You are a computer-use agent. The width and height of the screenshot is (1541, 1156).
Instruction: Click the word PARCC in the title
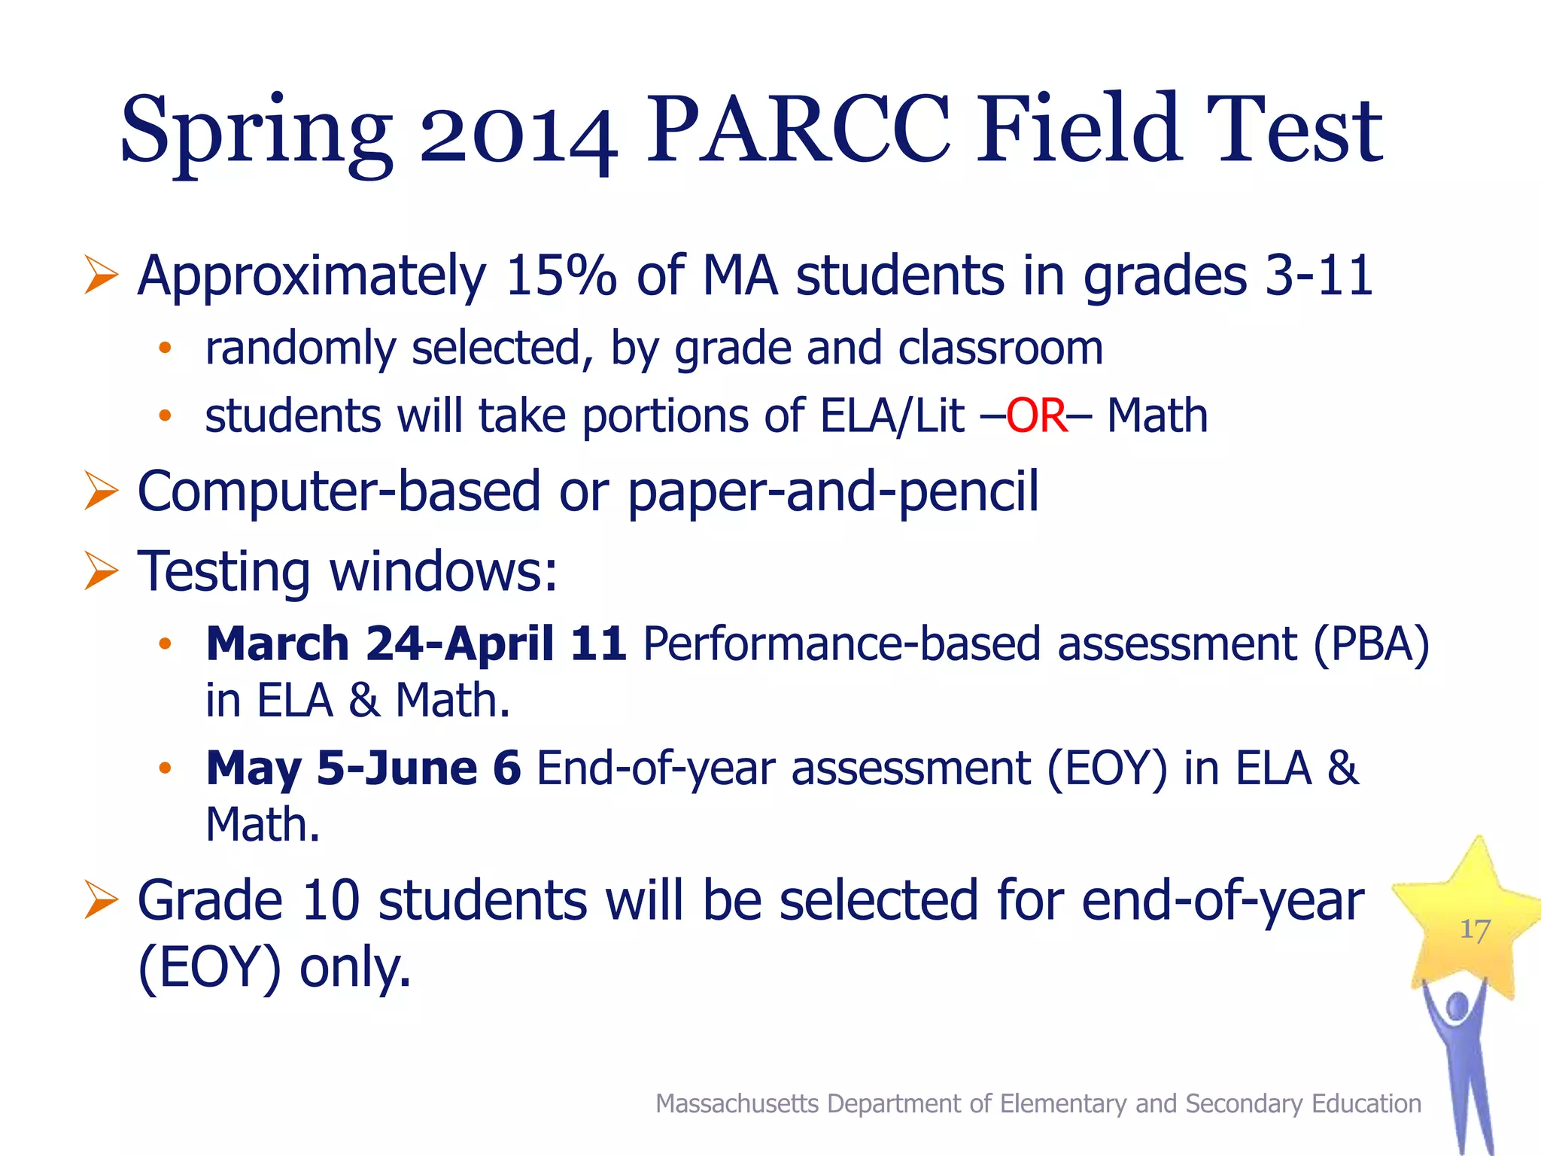(x=798, y=129)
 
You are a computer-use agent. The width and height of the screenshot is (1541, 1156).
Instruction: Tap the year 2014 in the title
(x=518, y=135)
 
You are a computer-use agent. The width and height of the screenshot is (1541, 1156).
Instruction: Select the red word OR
(x=1036, y=415)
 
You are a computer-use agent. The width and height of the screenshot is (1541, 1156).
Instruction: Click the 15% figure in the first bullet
(x=561, y=275)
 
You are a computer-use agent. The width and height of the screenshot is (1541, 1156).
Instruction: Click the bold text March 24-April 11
(x=416, y=644)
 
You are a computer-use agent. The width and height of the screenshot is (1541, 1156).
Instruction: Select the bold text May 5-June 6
(x=363, y=768)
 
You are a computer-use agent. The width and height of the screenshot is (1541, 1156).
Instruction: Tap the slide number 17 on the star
(x=1475, y=929)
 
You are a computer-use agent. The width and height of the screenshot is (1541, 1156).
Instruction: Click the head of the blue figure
(x=1457, y=1005)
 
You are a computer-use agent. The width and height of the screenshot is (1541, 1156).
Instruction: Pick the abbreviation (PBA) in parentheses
(x=1371, y=644)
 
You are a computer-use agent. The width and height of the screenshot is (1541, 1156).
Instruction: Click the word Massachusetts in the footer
(x=737, y=1103)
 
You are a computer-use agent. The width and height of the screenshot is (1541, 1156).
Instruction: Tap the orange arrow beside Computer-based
(x=101, y=491)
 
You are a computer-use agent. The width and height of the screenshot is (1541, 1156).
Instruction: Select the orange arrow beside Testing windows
(x=101, y=570)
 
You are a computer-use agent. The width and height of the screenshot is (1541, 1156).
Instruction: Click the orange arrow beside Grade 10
(x=101, y=900)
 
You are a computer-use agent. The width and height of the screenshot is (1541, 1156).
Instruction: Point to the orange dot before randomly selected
(x=165, y=348)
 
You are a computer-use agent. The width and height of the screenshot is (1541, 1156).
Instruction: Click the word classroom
(x=1000, y=348)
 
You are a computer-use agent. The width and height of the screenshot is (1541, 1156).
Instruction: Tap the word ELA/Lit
(x=892, y=415)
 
